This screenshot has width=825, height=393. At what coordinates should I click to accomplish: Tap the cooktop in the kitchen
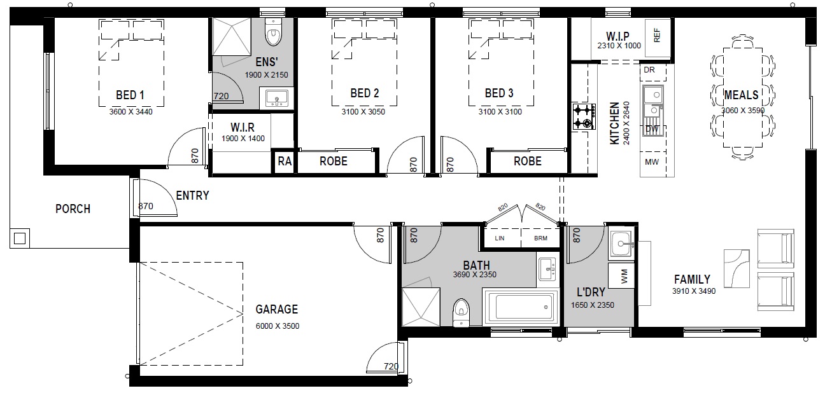point(584,116)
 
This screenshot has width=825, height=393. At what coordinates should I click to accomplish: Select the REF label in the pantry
point(657,36)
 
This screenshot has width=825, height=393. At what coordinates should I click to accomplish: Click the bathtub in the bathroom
point(521,307)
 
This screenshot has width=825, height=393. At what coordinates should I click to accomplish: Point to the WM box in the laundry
point(621,275)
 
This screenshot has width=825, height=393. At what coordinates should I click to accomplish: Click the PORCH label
point(73,209)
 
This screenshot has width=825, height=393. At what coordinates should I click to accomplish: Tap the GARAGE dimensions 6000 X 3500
point(278,326)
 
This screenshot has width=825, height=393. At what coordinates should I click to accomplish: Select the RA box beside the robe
point(285,161)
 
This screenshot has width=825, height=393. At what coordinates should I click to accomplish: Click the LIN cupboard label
point(500,238)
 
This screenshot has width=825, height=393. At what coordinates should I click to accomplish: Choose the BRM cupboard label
point(540,238)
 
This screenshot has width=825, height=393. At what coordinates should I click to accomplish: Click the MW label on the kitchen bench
point(651,162)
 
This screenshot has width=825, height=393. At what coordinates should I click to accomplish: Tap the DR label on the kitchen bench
point(649,69)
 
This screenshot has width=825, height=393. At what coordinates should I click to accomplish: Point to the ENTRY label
point(193,195)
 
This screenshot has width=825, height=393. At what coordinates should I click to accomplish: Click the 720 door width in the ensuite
point(221,96)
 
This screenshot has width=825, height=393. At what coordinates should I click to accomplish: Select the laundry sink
point(621,244)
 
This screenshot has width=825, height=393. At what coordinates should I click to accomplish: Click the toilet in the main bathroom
point(461,312)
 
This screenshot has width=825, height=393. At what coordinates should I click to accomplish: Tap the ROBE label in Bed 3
point(528,161)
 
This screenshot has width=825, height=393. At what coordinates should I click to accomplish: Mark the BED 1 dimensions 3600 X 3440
point(130,112)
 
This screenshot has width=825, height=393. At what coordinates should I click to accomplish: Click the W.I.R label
point(243,127)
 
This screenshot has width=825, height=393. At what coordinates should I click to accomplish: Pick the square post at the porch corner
point(20,238)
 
